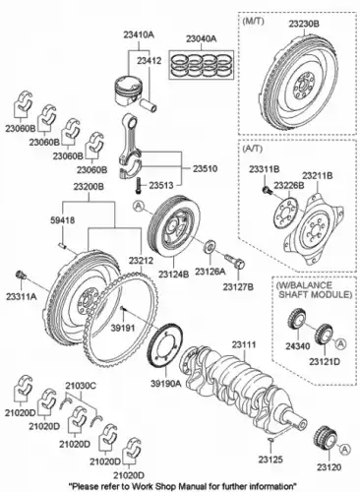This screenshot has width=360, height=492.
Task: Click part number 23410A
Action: (138, 33)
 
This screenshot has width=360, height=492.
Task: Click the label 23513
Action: (161, 183)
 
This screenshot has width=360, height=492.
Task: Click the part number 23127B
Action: (237, 285)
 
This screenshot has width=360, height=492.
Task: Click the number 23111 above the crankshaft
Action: (243, 343)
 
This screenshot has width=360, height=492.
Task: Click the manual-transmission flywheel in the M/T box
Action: (298, 84)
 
